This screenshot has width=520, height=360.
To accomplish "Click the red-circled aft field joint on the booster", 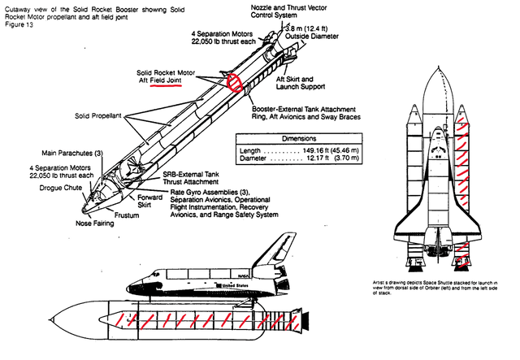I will [235, 81].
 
